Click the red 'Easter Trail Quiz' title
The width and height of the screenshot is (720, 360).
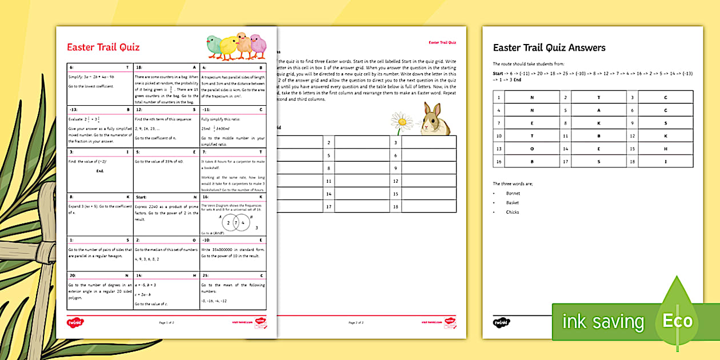point(103,47)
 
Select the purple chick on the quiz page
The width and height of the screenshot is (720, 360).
point(258,46)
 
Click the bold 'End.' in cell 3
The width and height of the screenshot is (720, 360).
point(100,171)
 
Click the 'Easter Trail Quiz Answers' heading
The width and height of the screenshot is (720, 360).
point(549,48)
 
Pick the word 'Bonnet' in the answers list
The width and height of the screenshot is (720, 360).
point(513,193)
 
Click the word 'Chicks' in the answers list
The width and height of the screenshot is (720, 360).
point(512,212)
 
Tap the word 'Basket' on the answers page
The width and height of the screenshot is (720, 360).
point(512,203)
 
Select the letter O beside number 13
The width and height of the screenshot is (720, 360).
point(531,149)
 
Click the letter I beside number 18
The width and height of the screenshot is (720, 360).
point(665,161)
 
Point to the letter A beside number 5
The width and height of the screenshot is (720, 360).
point(599,110)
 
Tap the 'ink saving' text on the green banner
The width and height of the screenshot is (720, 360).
point(603,322)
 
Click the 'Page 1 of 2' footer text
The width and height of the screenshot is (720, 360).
point(166,323)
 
